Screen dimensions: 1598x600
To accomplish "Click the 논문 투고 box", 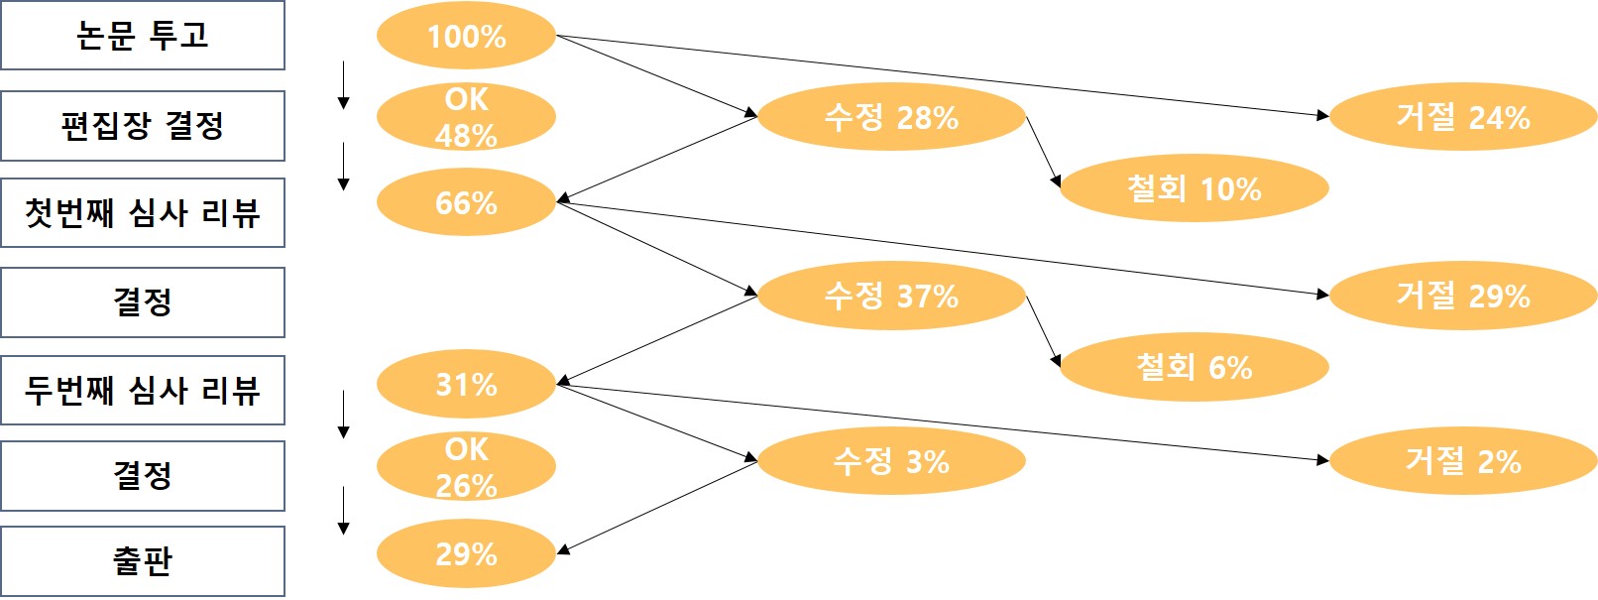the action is click(143, 36).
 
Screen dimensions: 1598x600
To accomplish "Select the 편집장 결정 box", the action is click(143, 126).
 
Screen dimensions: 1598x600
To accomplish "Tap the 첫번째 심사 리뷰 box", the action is click(143, 213).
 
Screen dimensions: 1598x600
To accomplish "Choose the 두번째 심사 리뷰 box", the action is click(143, 390).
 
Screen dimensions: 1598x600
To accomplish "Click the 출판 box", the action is click(143, 561).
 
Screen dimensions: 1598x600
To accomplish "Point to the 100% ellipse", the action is click(466, 37).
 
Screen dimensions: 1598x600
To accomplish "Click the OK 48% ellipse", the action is click(466, 117).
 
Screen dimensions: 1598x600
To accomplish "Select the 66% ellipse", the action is click(466, 203).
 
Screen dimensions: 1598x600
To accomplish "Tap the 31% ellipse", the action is click(466, 385).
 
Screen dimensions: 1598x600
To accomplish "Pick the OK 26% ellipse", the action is click(466, 467).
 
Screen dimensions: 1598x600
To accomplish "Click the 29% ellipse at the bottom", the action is click(466, 553).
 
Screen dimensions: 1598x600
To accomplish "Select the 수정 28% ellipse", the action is click(891, 117).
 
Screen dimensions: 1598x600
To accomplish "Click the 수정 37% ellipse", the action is click(891, 296).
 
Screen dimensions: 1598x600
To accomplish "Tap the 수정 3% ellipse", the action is click(891, 461).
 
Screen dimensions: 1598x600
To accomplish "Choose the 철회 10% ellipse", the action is click(1194, 188).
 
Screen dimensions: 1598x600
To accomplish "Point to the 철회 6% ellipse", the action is click(1194, 367).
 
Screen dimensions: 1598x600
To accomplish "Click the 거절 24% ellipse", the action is click(1462, 117).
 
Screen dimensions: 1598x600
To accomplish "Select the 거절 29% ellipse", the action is click(1462, 296).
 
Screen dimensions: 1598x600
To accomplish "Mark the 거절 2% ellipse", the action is click(1462, 461).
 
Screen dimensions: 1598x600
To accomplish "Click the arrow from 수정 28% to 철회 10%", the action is click(1043, 151).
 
